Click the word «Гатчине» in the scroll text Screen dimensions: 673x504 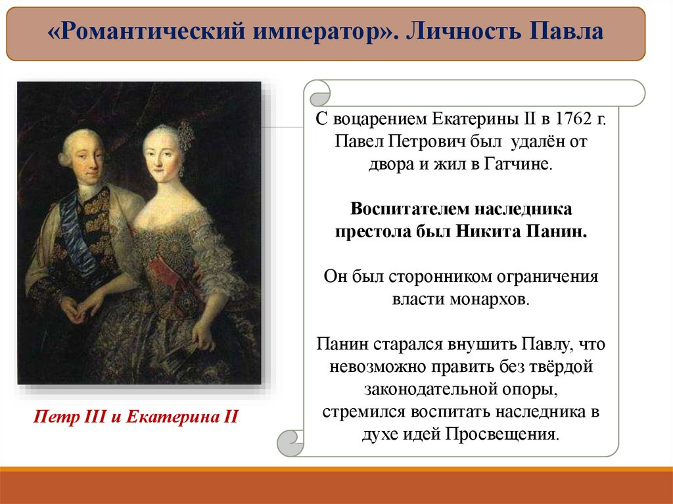click(x=517, y=164)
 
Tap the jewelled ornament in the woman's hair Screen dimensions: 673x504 click(x=186, y=135)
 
